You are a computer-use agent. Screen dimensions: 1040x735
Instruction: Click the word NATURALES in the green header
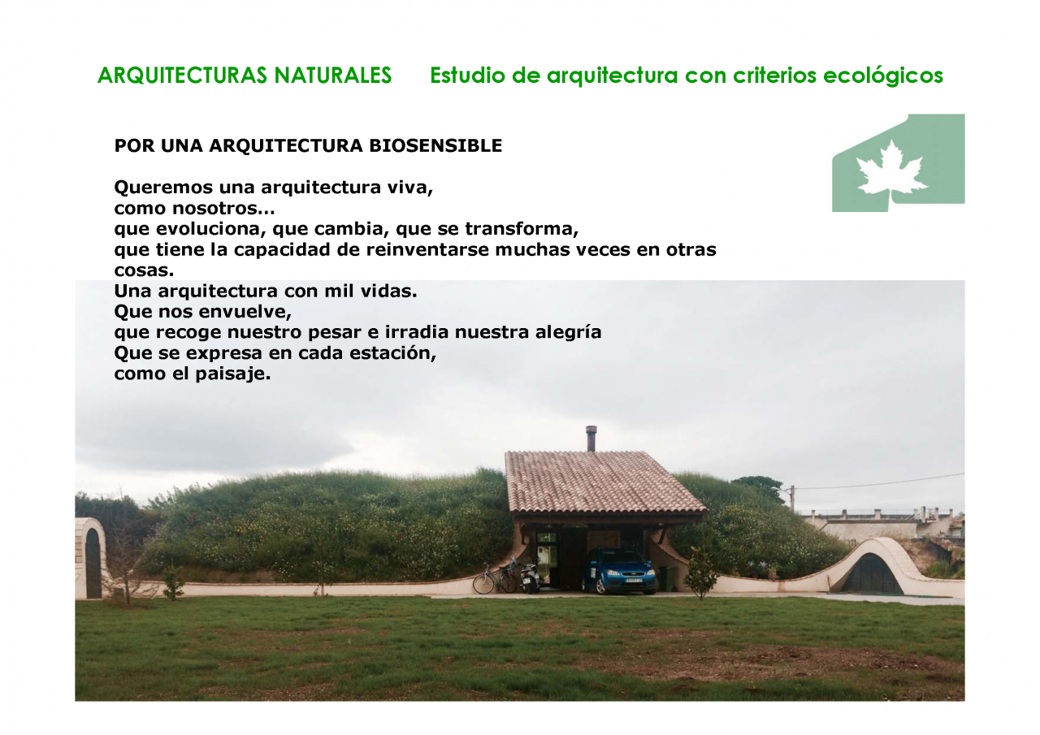pos(332,76)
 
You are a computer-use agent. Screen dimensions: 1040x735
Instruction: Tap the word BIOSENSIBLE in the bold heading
pos(435,145)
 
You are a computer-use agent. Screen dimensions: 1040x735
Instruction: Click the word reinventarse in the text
pos(427,249)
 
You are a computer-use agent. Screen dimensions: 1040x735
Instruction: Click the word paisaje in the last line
pos(232,374)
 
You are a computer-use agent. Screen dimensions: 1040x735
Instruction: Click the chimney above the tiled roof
pos(591,439)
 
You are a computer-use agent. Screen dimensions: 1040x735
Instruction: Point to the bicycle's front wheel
pos(483,584)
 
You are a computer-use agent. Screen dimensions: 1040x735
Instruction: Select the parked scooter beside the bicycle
pos(530,577)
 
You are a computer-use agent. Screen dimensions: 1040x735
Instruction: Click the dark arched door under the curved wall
pos(872,575)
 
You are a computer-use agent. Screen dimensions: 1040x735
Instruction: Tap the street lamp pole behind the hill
pos(792,499)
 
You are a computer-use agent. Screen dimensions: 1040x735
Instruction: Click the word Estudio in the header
pos(467,76)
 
